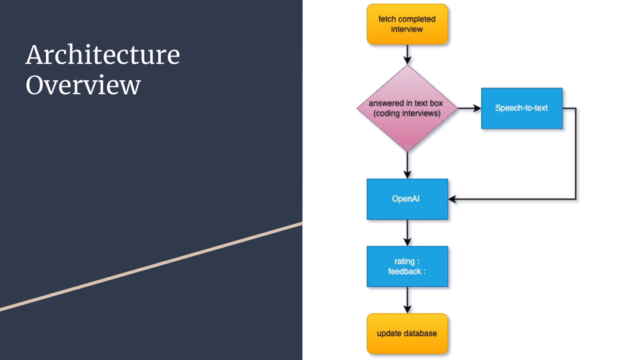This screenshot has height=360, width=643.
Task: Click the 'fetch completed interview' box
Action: click(x=407, y=24)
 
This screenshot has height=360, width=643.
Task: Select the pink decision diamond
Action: click(x=407, y=108)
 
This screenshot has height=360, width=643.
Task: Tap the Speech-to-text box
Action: click(x=522, y=108)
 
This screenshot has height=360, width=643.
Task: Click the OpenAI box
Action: click(x=407, y=199)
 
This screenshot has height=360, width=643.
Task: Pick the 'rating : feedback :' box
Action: click(x=407, y=267)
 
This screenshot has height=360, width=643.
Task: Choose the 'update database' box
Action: click(x=407, y=333)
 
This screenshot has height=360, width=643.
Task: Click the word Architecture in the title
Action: click(x=102, y=55)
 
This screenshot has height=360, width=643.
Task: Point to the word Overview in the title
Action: click(x=83, y=85)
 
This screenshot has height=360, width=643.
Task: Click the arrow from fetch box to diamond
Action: click(x=407, y=54)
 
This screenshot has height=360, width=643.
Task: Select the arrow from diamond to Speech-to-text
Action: click(x=470, y=108)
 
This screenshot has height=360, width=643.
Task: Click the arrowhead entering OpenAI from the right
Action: click(x=452, y=199)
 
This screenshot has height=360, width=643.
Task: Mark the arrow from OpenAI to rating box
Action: click(x=407, y=232)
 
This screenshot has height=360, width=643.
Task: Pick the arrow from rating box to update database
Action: click(x=407, y=299)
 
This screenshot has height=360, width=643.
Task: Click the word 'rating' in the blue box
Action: click(x=405, y=262)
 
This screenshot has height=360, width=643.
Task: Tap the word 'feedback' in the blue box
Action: click(x=405, y=271)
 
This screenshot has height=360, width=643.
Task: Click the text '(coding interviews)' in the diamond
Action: click(x=407, y=113)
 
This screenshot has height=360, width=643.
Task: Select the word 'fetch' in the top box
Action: click(x=387, y=19)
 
